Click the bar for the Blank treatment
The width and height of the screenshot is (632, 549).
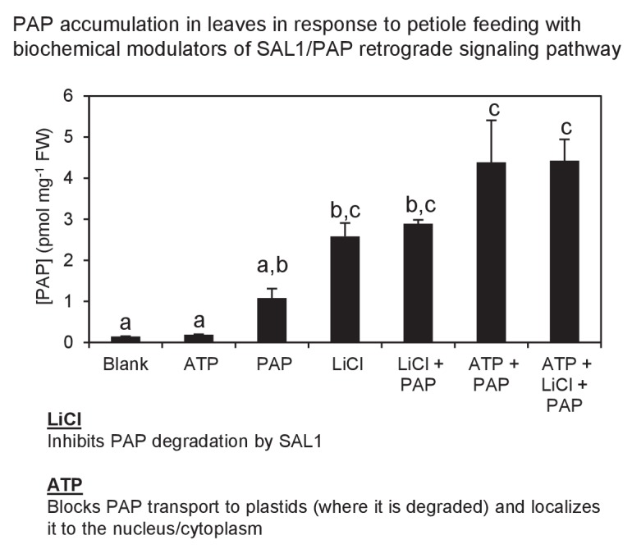(x=126, y=339)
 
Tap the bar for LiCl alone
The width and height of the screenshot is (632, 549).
(x=346, y=289)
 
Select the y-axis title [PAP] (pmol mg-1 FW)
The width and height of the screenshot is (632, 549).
(x=36, y=219)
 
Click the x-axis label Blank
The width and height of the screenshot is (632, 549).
(x=126, y=364)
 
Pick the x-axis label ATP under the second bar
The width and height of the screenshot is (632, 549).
(x=199, y=364)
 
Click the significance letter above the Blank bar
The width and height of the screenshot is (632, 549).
(x=126, y=322)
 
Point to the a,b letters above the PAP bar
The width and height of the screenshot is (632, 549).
(x=272, y=268)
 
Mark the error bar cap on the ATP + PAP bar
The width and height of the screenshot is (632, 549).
(x=492, y=121)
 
